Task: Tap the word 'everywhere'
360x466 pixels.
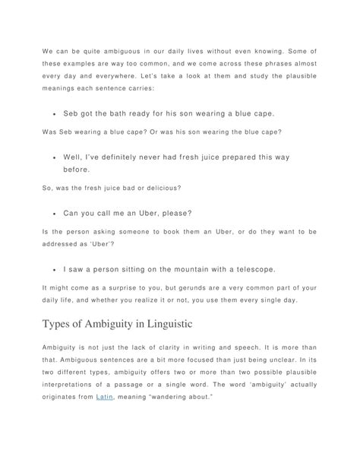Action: coord(131,78)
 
